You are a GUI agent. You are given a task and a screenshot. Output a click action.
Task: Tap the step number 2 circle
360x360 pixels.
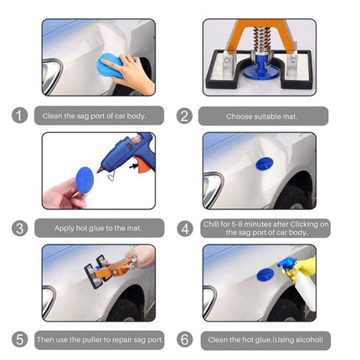pyautogui.click(x=185, y=116)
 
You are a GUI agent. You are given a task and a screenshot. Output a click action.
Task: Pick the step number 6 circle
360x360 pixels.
pyautogui.click(x=185, y=340)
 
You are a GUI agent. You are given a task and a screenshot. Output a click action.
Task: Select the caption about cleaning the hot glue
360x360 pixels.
pyautogui.click(x=265, y=340)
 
